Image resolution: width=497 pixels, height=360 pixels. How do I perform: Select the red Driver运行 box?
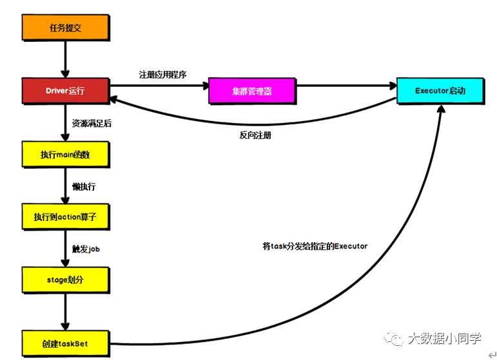pyautogui.click(x=65, y=91)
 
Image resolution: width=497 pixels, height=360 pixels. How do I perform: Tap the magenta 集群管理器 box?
pyautogui.click(x=252, y=91)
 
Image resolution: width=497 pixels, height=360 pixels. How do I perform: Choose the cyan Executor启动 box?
pyautogui.click(x=440, y=91)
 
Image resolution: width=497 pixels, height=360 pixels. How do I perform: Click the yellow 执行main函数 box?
pyautogui.click(x=65, y=155)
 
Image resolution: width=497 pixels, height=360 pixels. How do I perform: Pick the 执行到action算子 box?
pyautogui.click(x=65, y=217)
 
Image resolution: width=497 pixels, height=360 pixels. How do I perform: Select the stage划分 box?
pyautogui.click(x=65, y=280)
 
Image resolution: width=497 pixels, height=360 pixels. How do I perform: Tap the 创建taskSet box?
pyautogui.click(x=65, y=343)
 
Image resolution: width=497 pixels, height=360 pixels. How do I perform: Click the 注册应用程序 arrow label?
pyautogui.click(x=162, y=74)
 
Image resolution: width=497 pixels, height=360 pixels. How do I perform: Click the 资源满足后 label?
pyautogui.click(x=92, y=122)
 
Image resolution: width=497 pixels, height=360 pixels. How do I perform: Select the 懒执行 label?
pyautogui.click(x=84, y=186)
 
